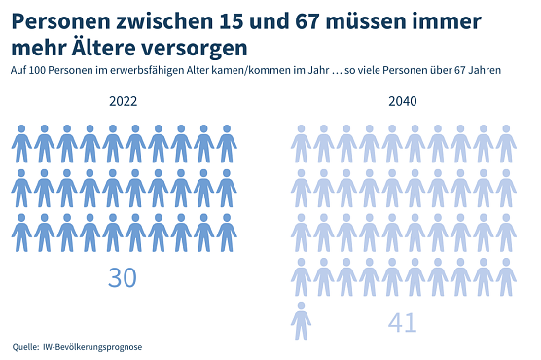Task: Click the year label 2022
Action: [x=124, y=102]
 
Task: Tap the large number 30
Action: [x=123, y=277]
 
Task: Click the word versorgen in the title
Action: [x=199, y=47]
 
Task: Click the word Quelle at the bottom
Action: [x=25, y=346]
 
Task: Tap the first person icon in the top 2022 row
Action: [x=21, y=144]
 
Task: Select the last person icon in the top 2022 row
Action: [x=227, y=144]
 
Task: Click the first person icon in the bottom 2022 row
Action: [x=21, y=233]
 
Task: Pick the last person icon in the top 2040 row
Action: [x=506, y=144]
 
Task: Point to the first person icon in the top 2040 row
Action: [x=302, y=144]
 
